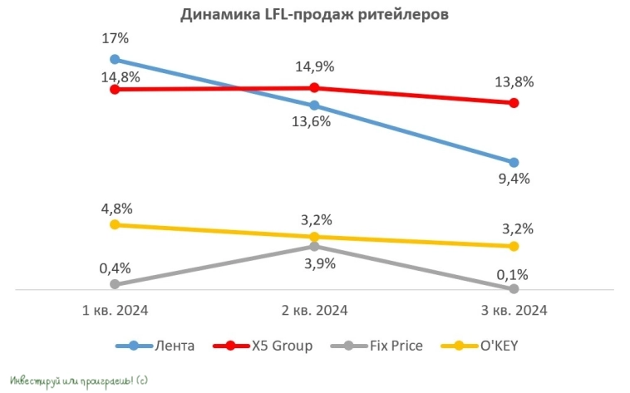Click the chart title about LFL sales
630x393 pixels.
(314, 14)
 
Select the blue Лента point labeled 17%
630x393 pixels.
(115, 59)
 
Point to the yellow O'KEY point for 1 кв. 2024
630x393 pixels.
(115, 224)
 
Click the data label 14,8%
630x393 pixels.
(115, 77)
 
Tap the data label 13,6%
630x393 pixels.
(314, 121)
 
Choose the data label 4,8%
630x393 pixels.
(115, 208)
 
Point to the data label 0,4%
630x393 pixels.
(115, 268)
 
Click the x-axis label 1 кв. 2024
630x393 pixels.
(115, 311)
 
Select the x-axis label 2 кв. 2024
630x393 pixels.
(314, 311)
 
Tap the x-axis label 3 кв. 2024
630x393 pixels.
(514, 311)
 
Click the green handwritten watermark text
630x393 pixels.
(80, 381)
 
